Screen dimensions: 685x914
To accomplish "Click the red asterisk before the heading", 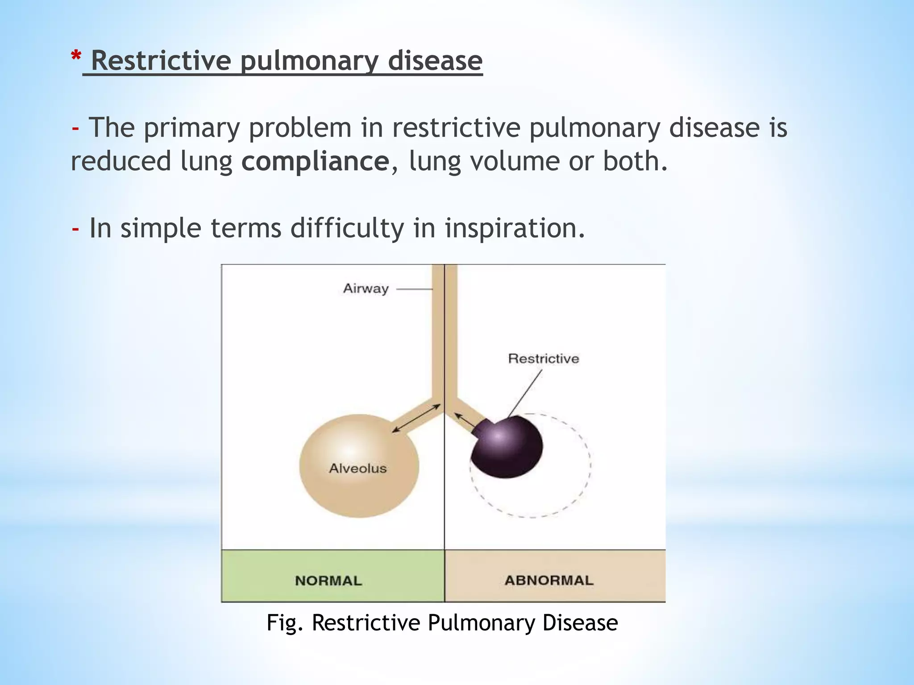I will (x=76, y=57).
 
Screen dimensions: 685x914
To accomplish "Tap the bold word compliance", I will (x=315, y=161).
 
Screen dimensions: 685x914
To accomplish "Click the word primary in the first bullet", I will (x=192, y=128).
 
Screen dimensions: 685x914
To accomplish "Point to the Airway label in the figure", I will (x=366, y=289).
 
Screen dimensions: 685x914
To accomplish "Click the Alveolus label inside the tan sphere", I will (x=357, y=468).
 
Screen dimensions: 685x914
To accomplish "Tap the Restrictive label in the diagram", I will (x=543, y=359).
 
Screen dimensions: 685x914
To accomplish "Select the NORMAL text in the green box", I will (x=328, y=581).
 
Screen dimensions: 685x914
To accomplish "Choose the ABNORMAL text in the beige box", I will (x=549, y=580).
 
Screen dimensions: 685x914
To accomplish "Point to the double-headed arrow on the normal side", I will (x=416, y=418).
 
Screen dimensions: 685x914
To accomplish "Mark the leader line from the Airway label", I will (x=414, y=289).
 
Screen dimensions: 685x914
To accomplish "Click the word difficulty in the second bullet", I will (x=347, y=228).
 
